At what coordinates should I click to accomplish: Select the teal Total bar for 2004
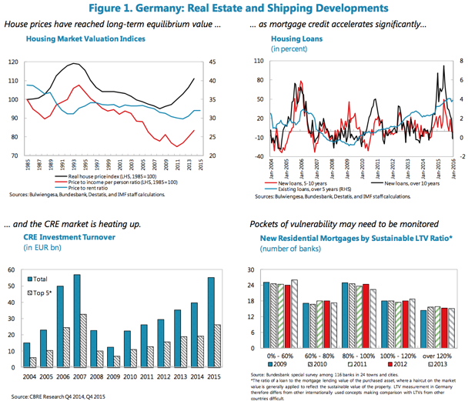[x=26, y=355]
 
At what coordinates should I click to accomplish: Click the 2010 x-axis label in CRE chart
[x=132, y=376]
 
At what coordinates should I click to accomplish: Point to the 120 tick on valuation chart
[x=13, y=62]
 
